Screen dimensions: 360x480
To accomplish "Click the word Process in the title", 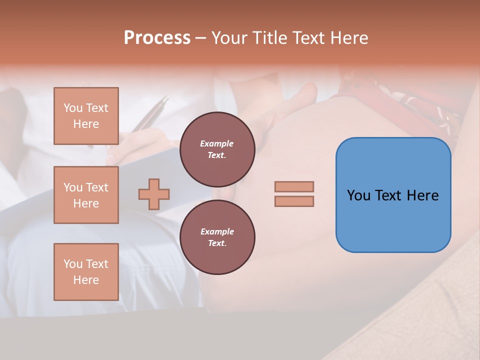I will click(x=157, y=38).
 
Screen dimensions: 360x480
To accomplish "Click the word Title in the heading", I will click(x=268, y=38).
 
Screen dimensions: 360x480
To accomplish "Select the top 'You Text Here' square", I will click(x=86, y=116).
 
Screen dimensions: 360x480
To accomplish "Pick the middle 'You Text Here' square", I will click(x=86, y=195).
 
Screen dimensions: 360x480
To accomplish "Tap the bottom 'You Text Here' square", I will click(x=86, y=272).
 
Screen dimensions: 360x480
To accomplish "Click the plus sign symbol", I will click(x=154, y=194).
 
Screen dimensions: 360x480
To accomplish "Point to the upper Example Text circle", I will click(x=217, y=149).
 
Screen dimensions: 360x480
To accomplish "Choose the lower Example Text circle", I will click(x=217, y=237).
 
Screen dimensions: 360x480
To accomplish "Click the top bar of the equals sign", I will click(x=294, y=186).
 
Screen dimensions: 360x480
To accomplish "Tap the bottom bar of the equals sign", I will click(x=294, y=201).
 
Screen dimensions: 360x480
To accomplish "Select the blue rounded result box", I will click(x=393, y=195).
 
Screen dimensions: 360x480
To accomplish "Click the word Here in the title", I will click(x=349, y=38).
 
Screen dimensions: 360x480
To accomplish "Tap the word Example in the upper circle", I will click(x=217, y=143).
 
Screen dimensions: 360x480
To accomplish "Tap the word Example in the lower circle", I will click(x=217, y=231).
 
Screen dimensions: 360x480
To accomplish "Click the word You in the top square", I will click(x=73, y=108).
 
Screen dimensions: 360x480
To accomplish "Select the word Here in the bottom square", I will click(x=86, y=280).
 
